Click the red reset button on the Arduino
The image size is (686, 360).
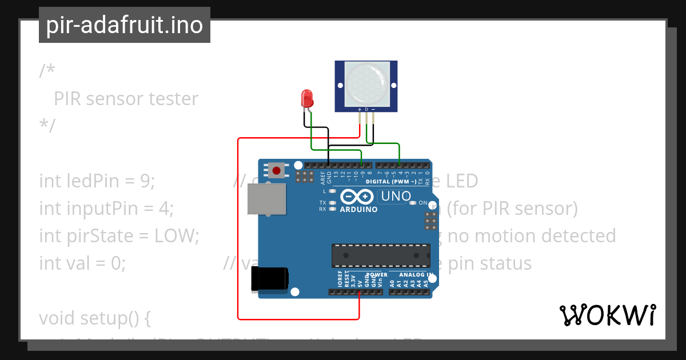(277, 170)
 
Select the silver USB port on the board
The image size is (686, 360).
(266, 199)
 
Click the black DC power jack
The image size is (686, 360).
(270, 279)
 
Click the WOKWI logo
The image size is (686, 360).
(607, 315)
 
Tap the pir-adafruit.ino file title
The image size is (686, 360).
(125, 25)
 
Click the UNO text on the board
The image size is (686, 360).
(396, 197)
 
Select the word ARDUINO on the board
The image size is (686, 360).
(359, 210)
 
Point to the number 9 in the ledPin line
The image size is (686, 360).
(145, 181)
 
